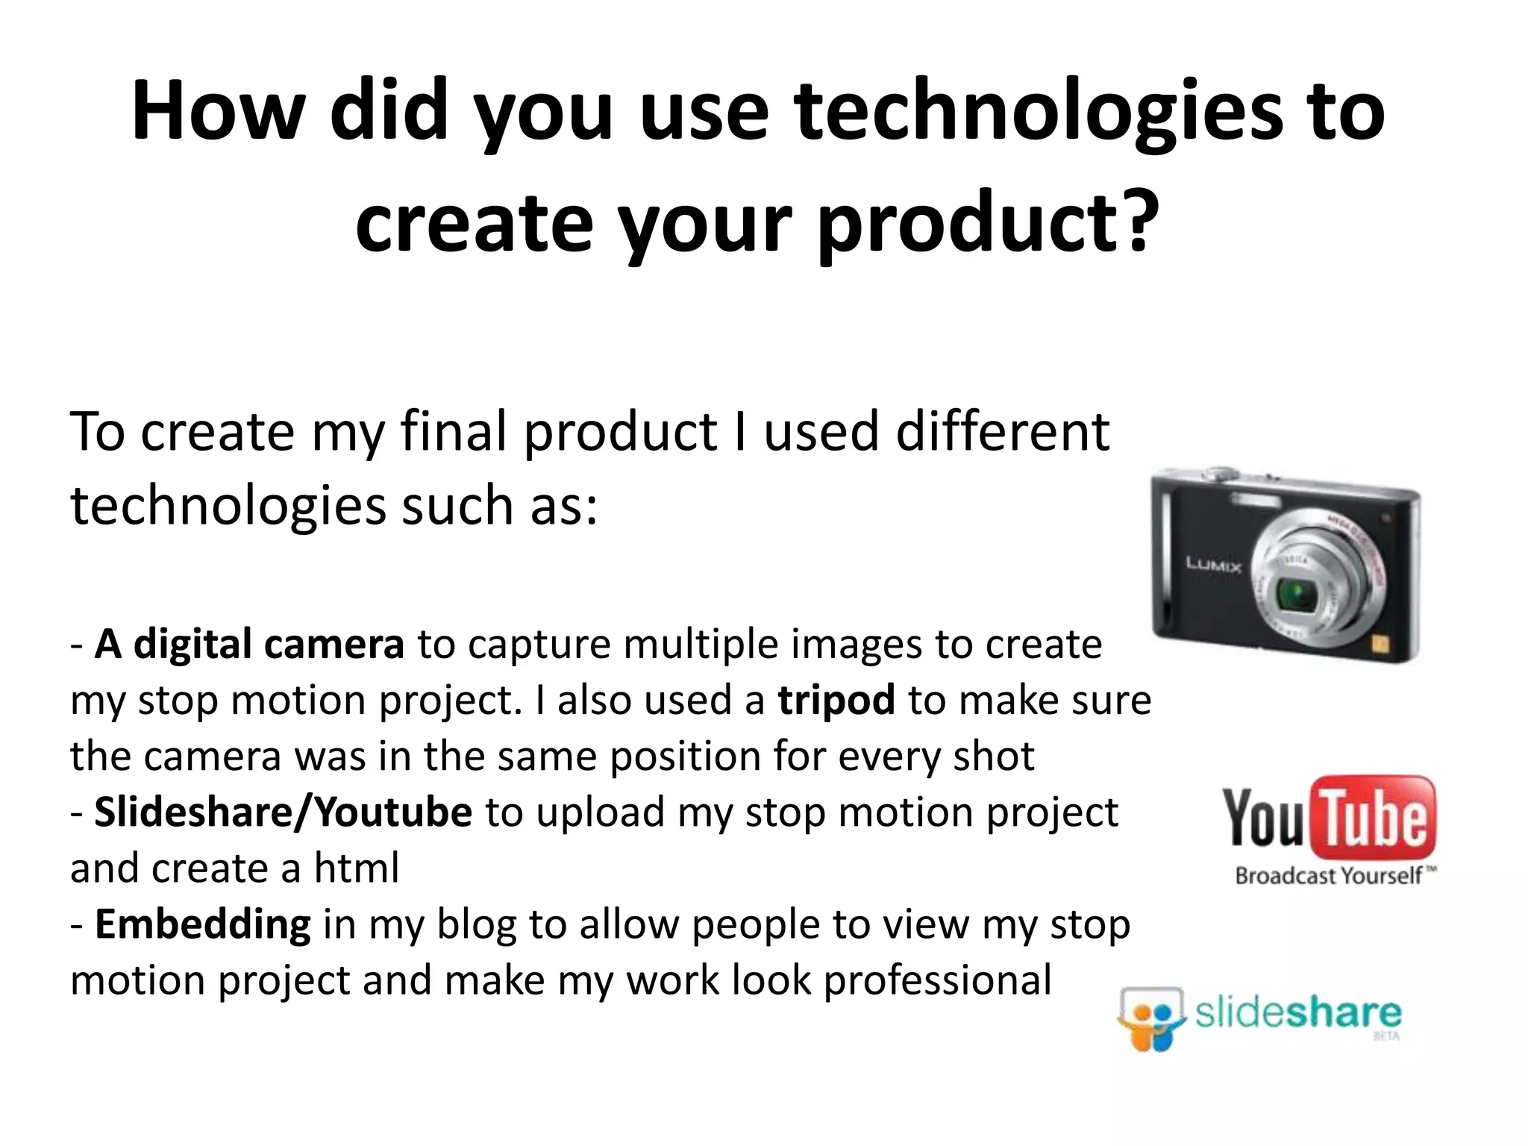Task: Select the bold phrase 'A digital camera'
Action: pos(249,645)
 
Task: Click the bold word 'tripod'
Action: pos(836,701)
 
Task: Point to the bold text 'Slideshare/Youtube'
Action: pos(283,812)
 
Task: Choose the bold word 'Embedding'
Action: pos(202,924)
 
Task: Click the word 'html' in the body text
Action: pos(357,868)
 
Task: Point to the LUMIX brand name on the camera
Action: pos(1214,565)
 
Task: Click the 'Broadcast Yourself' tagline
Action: pos(1328,875)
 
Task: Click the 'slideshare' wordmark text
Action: pos(1298,1013)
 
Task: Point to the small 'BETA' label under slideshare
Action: pos(1386,1036)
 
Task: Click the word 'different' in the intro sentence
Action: pos(1002,432)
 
